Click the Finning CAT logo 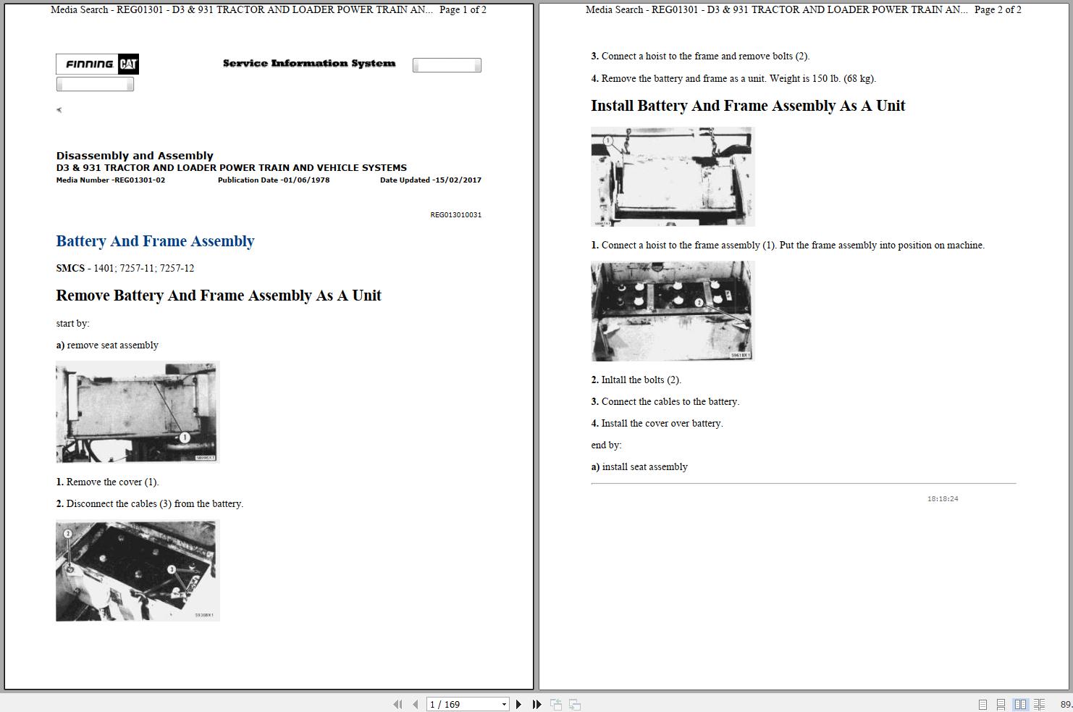[97, 64]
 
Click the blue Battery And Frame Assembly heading [155, 241]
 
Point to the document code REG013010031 [455, 214]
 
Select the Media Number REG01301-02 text [111, 180]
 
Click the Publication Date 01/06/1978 [274, 180]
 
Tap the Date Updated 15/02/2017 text [431, 180]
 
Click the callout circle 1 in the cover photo [185, 437]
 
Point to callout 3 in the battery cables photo [172, 569]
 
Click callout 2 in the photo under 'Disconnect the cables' [68, 534]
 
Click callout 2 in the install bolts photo [699, 303]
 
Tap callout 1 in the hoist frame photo [608, 141]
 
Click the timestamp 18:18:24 [943, 499]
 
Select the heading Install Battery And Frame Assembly [748, 106]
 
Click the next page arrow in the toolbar [518, 704]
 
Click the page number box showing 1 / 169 [467, 704]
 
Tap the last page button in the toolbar [536, 704]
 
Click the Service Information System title [309, 63]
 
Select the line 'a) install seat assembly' [639, 467]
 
